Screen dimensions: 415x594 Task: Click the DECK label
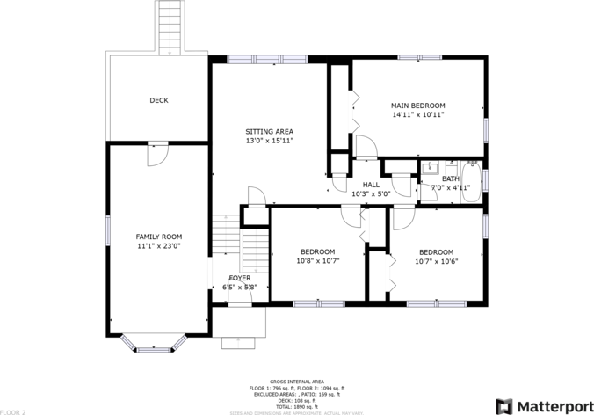click(159, 100)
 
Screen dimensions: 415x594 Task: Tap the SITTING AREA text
click(269, 131)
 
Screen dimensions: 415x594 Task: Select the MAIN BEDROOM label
click(418, 106)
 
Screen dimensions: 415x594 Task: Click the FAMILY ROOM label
click(158, 237)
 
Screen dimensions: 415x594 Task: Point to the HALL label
click(371, 185)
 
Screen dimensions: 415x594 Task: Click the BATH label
click(450, 178)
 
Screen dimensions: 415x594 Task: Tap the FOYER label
click(239, 278)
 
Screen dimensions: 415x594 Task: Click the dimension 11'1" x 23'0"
click(158, 246)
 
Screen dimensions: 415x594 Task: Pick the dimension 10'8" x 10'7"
click(317, 260)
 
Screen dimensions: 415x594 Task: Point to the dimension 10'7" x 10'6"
click(436, 260)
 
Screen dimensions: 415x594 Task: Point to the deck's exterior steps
click(170, 26)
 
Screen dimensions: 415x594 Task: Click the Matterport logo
click(541, 405)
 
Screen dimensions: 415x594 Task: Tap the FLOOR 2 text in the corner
click(13, 411)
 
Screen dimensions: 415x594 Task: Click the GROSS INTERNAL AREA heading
click(296, 382)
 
